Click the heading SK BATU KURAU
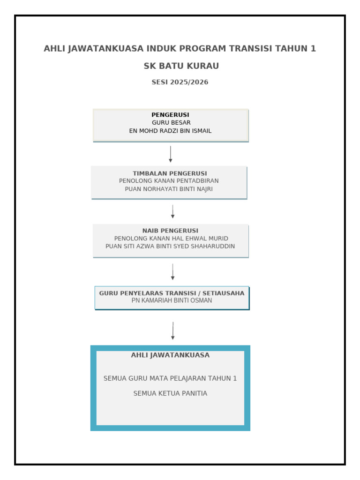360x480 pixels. pyautogui.click(x=181, y=66)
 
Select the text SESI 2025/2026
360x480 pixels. pyautogui.click(x=180, y=82)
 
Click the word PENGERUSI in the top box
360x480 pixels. pyautogui.click(x=170, y=115)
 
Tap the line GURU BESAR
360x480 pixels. pyautogui.click(x=171, y=123)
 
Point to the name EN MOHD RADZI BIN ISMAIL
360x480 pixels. pyautogui.click(x=170, y=131)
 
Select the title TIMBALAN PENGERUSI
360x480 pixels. pyautogui.click(x=170, y=173)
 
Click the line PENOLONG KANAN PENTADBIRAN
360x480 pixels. pyautogui.click(x=169, y=181)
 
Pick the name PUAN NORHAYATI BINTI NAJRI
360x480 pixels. pyautogui.click(x=169, y=189)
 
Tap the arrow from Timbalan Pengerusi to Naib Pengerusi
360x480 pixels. pyautogui.click(x=173, y=211)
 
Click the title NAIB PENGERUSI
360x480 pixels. pyautogui.click(x=170, y=231)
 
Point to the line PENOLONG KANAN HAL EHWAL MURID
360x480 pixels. pyautogui.click(x=171, y=239)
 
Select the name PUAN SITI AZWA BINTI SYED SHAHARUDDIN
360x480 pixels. pyautogui.click(x=170, y=246)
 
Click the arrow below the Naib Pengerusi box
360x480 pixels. pyautogui.click(x=173, y=271)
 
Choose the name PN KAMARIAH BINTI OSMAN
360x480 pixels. pyautogui.click(x=172, y=300)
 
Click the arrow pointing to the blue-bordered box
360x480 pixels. pyautogui.click(x=173, y=330)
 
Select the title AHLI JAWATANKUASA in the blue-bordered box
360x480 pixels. pyautogui.click(x=170, y=355)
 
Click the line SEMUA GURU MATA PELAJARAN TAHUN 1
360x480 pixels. pyautogui.click(x=170, y=378)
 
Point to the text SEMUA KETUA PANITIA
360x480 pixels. pyautogui.click(x=170, y=393)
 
